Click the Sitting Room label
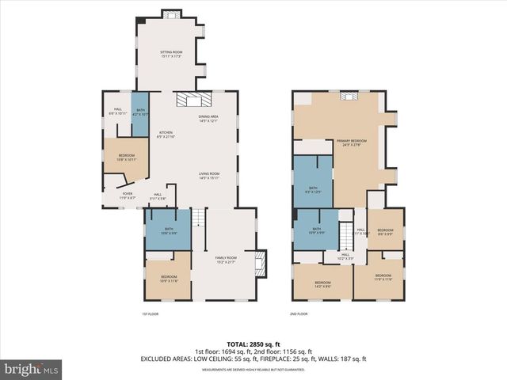click(x=171, y=54)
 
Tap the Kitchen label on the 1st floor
click(x=166, y=135)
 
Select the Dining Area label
click(x=208, y=119)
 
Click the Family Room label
click(x=227, y=260)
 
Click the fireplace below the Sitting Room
click(x=194, y=99)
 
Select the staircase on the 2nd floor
click(x=346, y=234)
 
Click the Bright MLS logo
click(x=32, y=369)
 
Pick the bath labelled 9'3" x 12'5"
click(x=313, y=190)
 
